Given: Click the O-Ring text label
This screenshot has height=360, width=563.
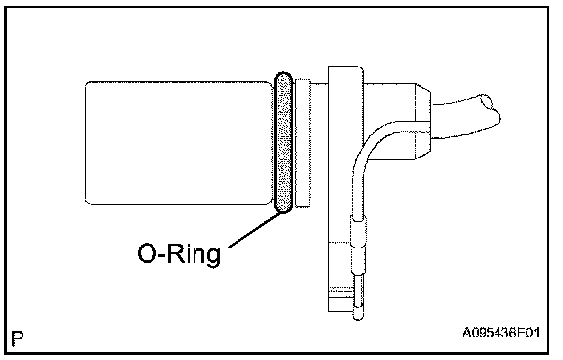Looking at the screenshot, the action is pyautogui.click(x=179, y=254).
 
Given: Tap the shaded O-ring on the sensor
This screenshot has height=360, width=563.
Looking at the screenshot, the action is pyautogui.click(x=283, y=143).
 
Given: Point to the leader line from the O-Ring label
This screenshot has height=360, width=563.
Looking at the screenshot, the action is pyautogui.click(x=254, y=230).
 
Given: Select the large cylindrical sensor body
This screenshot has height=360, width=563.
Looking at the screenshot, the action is pyautogui.click(x=179, y=144).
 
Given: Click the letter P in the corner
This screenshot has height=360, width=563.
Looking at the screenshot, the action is pyautogui.click(x=18, y=337).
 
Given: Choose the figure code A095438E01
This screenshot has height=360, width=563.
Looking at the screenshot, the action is pyautogui.click(x=500, y=333).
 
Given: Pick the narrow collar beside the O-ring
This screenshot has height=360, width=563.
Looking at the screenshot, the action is pyautogui.click(x=302, y=144).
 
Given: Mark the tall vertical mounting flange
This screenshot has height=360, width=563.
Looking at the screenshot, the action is pyautogui.click(x=346, y=189).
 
